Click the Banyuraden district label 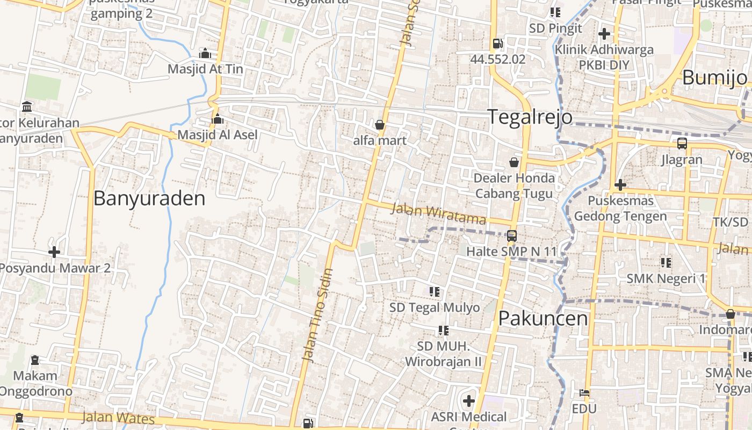click(x=149, y=198)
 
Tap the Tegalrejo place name click(x=530, y=117)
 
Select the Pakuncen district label click(x=543, y=318)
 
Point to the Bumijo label click(x=714, y=78)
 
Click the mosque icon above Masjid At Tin click(x=205, y=53)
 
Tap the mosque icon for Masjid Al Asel click(x=218, y=119)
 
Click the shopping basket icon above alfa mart click(x=380, y=125)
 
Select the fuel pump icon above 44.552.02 click(x=498, y=44)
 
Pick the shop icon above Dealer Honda click(x=514, y=162)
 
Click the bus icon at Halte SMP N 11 click(x=512, y=235)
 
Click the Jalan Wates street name click(x=118, y=418)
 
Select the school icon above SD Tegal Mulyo click(x=435, y=292)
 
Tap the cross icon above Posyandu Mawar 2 click(x=54, y=252)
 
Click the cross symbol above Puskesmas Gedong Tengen click(x=620, y=185)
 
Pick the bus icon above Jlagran click(x=682, y=144)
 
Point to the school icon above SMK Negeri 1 click(x=666, y=263)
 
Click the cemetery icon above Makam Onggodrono click(x=35, y=360)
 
